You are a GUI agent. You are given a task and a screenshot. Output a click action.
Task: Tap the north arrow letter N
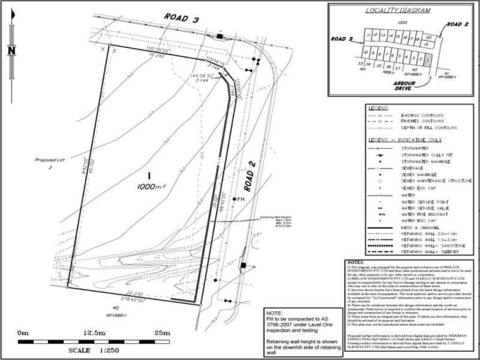pyautogui.click(x=11, y=51)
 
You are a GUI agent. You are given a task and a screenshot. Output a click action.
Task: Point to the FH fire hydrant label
pyautogui.click(x=242, y=199)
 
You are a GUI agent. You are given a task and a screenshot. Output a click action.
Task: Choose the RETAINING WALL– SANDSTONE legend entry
pyautogui.click(x=431, y=246)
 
